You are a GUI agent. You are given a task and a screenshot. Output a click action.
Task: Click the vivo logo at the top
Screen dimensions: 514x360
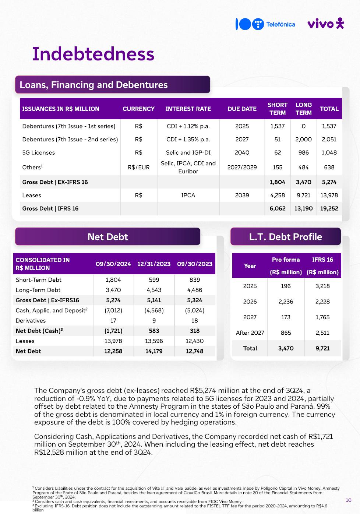point(325,24)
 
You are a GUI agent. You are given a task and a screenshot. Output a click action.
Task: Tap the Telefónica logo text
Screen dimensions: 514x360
point(280,24)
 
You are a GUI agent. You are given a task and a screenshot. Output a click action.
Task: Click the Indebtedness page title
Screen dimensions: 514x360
point(93,54)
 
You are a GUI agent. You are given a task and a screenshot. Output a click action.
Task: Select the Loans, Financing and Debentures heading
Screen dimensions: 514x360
point(94,85)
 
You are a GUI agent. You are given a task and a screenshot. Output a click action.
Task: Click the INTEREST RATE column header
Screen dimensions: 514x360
point(188,109)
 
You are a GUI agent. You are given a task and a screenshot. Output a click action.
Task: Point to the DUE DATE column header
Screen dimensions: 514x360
point(242,109)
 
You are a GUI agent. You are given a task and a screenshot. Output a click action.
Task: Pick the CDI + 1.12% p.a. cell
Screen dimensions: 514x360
point(188,126)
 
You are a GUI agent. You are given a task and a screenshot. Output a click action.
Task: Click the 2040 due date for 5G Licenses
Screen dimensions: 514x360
point(242,152)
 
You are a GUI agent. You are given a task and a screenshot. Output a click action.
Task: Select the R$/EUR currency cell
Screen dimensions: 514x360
point(138,167)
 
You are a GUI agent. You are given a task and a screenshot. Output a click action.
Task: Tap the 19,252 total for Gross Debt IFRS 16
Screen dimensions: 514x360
point(329,208)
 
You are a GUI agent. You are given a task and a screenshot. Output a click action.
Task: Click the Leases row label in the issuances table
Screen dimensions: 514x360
point(32,195)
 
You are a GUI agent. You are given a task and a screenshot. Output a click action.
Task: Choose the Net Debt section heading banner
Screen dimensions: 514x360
point(107,237)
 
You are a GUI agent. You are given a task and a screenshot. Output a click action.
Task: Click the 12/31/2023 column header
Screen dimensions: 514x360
point(154,264)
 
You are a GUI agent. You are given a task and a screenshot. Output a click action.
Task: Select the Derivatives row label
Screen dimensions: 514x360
point(31,321)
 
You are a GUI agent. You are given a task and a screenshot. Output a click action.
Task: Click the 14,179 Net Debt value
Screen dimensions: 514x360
point(154,351)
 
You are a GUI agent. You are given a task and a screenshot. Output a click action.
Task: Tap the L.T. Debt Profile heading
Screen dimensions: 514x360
point(285,237)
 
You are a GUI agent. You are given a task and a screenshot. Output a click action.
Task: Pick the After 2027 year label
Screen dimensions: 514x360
point(250,333)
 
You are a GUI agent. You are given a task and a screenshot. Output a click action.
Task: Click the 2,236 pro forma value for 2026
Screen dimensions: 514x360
point(286,302)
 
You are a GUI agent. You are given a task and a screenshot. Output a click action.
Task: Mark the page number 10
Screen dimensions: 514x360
point(349,500)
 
